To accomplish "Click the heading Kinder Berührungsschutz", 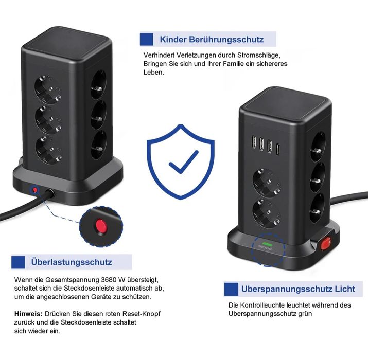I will point(212,40).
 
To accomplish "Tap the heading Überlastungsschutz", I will point(71,262).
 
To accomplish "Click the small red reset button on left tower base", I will point(35,190).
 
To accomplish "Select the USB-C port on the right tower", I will point(278,150).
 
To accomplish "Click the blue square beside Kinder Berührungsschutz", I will point(147,39).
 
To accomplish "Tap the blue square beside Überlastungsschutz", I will point(19,262).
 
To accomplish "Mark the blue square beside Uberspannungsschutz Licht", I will point(231,289).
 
